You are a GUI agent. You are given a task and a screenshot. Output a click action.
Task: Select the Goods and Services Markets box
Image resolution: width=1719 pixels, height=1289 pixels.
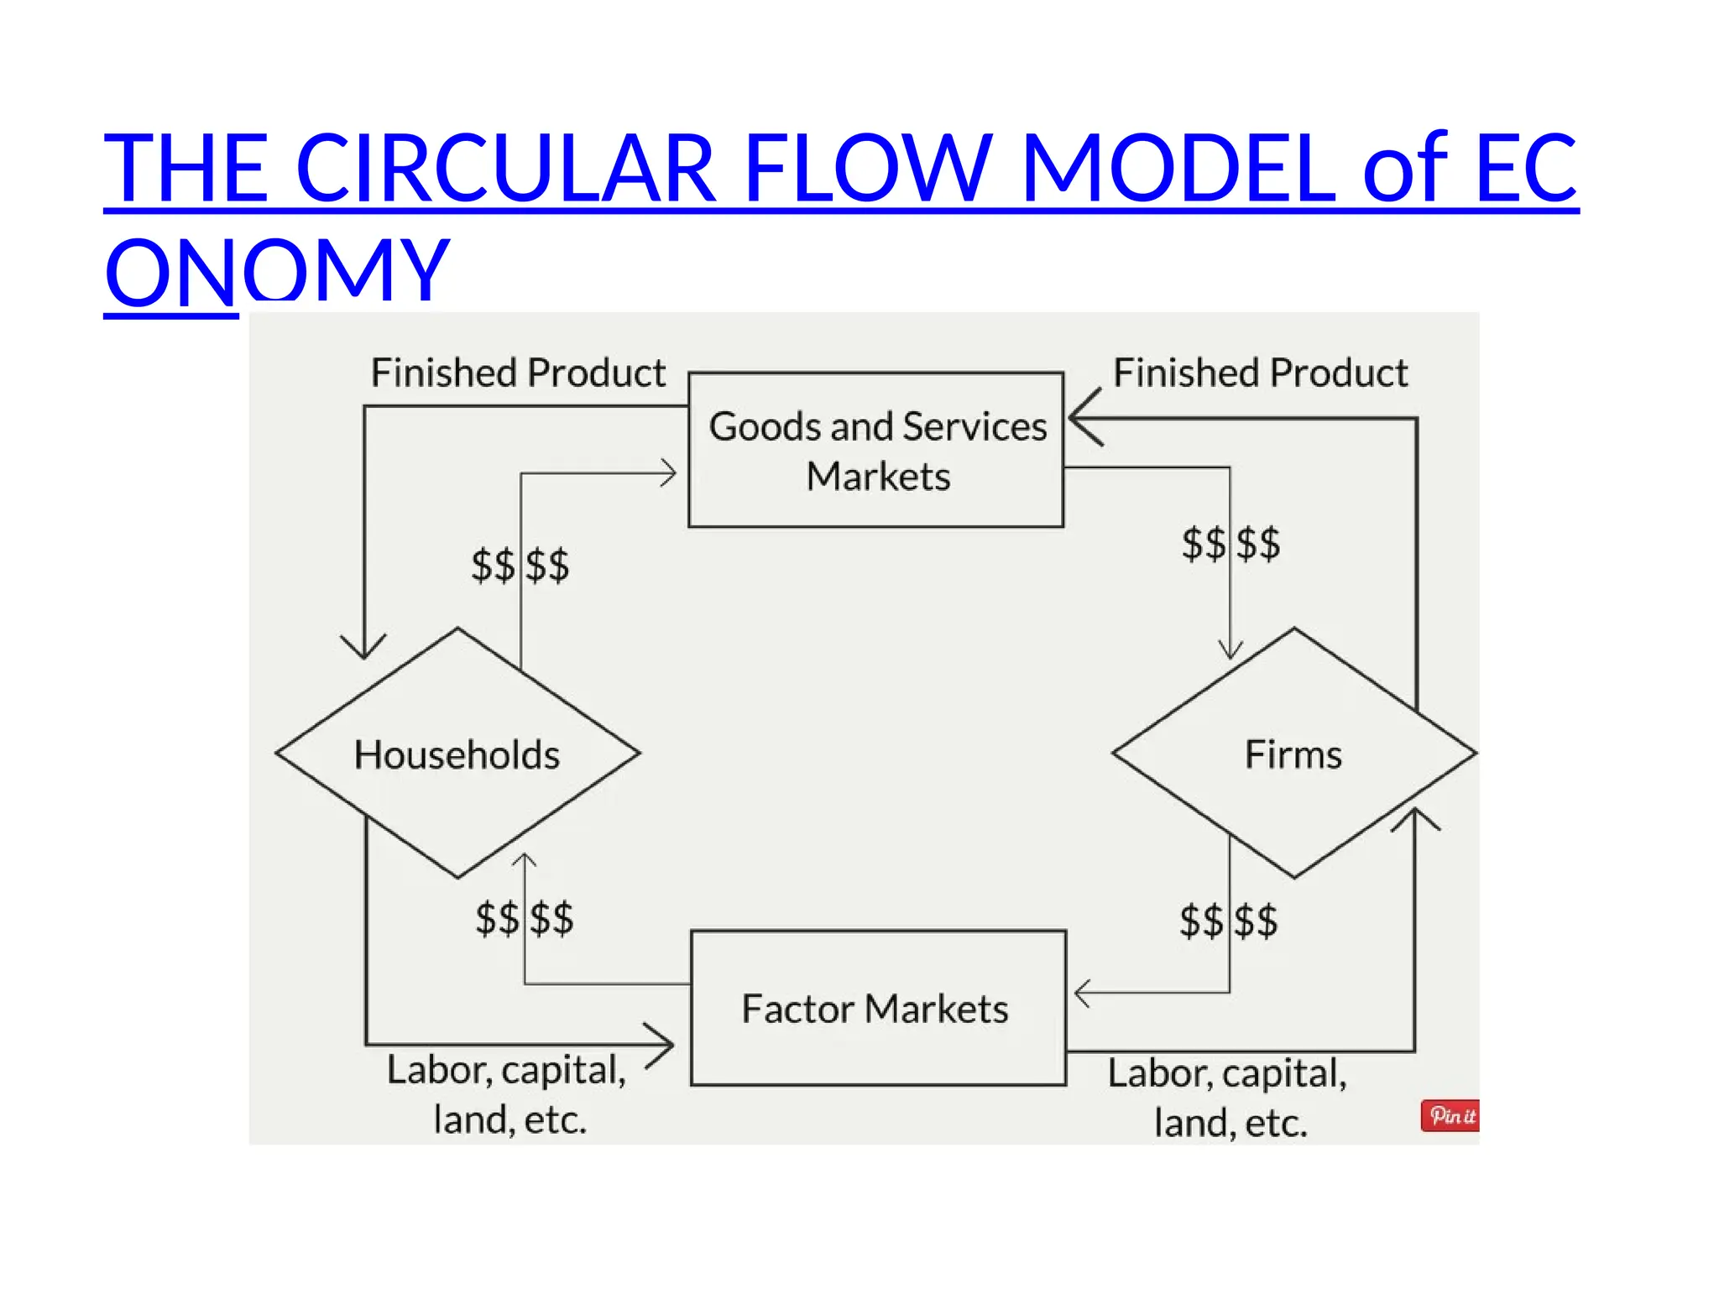click(876, 451)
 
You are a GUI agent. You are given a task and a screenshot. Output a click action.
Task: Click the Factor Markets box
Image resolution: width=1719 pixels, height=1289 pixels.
click(878, 1008)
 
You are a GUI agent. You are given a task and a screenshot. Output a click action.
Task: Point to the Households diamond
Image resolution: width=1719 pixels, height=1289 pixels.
click(457, 754)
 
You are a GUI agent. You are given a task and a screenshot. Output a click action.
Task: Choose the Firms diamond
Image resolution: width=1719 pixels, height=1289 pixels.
click(1293, 754)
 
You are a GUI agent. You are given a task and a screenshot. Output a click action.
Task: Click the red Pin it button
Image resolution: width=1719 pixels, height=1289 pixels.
click(1450, 1115)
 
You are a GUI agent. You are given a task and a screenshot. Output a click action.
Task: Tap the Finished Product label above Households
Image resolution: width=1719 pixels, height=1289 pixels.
click(518, 373)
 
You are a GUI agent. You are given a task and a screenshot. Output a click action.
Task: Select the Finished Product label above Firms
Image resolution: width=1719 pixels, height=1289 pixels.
click(1260, 373)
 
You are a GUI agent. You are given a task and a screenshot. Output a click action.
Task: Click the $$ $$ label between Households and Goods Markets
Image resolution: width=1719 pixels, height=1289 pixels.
click(520, 565)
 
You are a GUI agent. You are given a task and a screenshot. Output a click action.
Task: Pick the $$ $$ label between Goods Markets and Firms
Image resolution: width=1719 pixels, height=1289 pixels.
click(1230, 544)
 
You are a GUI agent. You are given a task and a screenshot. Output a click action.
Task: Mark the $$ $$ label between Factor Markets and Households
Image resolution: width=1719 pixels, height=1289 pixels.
click(525, 918)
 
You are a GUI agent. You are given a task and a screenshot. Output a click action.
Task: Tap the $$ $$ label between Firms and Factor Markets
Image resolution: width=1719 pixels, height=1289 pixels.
click(1229, 921)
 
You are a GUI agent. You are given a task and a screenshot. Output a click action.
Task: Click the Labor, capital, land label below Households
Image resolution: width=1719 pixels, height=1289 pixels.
click(508, 1093)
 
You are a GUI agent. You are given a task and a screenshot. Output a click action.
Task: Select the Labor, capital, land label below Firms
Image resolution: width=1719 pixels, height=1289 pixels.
click(1228, 1097)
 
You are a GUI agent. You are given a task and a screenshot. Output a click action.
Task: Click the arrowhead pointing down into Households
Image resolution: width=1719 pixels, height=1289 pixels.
click(364, 648)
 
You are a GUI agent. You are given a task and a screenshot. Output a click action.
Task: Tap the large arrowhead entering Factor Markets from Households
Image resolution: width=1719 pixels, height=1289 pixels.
click(661, 1045)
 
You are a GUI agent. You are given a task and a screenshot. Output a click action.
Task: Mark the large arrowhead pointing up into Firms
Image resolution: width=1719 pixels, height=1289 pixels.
click(1415, 819)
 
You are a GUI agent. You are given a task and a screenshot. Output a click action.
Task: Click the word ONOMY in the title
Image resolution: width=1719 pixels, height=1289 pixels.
click(277, 270)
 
